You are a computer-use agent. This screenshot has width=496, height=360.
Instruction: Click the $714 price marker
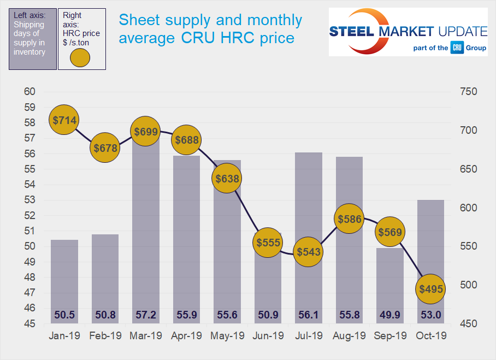coord(64,120)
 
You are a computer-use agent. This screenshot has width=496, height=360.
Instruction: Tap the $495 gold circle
coord(430,288)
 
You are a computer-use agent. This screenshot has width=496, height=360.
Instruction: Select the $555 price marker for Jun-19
coord(268,243)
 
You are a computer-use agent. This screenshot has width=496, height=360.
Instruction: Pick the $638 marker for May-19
coord(227,178)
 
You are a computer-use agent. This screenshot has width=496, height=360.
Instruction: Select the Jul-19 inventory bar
coord(308,229)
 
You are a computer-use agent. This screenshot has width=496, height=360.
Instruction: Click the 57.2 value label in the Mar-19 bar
coord(145,315)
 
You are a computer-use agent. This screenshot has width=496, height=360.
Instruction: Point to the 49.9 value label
coord(389,315)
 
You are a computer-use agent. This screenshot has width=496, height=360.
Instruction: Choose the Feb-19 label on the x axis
coord(105,336)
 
